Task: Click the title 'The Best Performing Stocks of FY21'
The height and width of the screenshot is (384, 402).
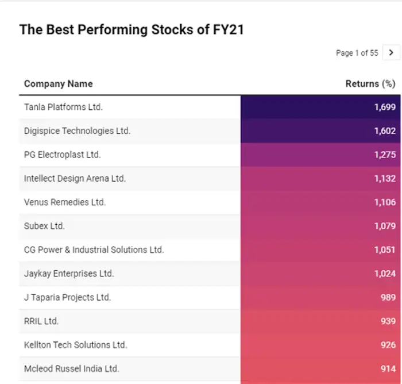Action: click(x=132, y=29)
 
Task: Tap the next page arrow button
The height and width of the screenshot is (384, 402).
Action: click(x=391, y=52)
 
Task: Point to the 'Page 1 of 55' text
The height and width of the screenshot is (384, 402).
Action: click(x=357, y=53)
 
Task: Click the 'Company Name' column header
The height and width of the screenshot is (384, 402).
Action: click(x=58, y=84)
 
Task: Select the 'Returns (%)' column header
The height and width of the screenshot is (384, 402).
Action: click(x=370, y=84)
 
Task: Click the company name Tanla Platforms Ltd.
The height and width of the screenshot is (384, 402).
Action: click(x=63, y=107)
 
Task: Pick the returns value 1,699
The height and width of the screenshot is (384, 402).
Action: click(x=385, y=107)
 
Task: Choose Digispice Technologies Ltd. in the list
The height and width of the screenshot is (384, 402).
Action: click(x=77, y=131)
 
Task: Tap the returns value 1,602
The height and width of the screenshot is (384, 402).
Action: click(x=385, y=131)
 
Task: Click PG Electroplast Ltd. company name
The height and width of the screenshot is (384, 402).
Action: click(x=62, y=155)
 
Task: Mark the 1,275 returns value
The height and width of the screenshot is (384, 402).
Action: click(x=385, y=155)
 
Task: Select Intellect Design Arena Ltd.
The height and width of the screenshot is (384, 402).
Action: click(x=75, y=179)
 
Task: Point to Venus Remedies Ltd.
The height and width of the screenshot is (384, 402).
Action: click(x=65, y=202)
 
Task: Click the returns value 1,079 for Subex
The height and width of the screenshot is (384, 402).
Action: click(x=385, y=226)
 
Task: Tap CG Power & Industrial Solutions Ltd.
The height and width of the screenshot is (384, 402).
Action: click(x=94, y=249)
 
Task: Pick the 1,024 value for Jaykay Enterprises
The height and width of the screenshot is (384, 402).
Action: click(x=385, y=274)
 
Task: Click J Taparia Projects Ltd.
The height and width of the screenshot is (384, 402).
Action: click(x=67, y=297)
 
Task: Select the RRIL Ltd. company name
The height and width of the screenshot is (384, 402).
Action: click(x=41, y=321)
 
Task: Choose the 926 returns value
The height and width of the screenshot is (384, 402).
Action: click(x=388, y=345)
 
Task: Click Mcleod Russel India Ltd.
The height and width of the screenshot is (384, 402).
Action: click(x=72, y=368)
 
